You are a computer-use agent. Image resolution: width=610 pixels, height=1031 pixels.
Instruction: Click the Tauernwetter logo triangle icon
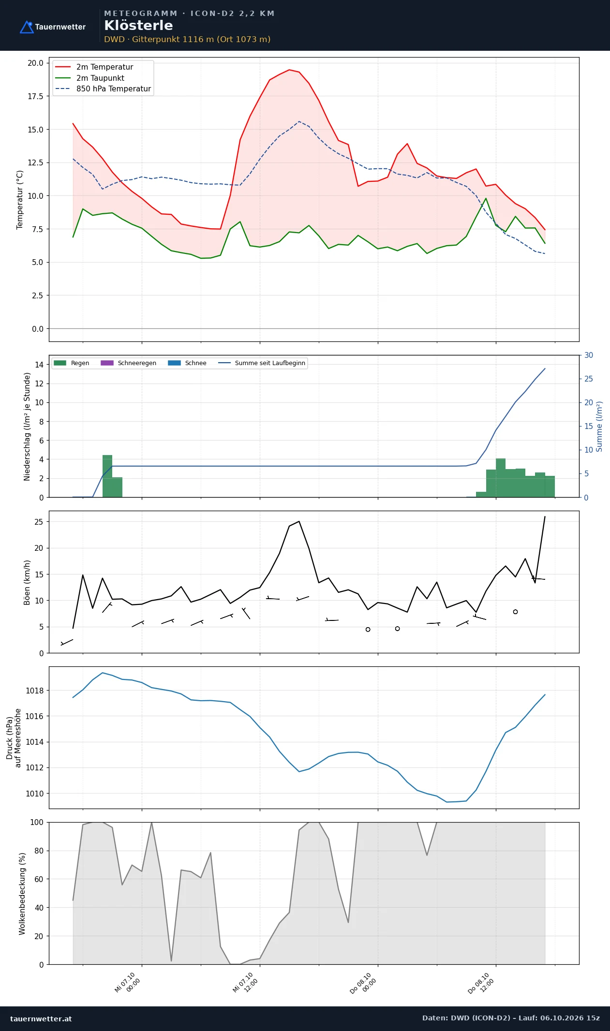[27, 27]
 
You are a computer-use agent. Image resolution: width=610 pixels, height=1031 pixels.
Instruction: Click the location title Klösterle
[138, 26]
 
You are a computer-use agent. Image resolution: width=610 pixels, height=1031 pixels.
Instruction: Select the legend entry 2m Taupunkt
[100, 78]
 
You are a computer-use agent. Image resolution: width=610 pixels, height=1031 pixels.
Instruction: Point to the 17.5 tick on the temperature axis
[35, 96]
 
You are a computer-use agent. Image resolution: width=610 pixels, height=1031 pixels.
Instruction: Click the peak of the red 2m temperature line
[289, 70]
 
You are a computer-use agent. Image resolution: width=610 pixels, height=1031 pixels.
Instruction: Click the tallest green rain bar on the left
[107, 476]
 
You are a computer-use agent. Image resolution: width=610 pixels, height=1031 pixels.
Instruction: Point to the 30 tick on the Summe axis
[589, 355]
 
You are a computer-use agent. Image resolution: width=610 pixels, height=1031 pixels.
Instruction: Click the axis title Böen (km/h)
[27, 582]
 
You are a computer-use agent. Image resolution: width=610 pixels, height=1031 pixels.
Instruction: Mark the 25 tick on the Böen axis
[39, 522]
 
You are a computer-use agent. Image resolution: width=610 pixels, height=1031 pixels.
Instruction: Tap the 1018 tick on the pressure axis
[34, 691]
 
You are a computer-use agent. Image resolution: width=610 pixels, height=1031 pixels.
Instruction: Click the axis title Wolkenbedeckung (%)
[22, 894]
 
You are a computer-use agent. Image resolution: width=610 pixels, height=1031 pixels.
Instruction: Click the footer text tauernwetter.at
[41, 1018]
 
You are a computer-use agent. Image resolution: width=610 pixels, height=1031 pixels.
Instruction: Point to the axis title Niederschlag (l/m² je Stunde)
[27, 426]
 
